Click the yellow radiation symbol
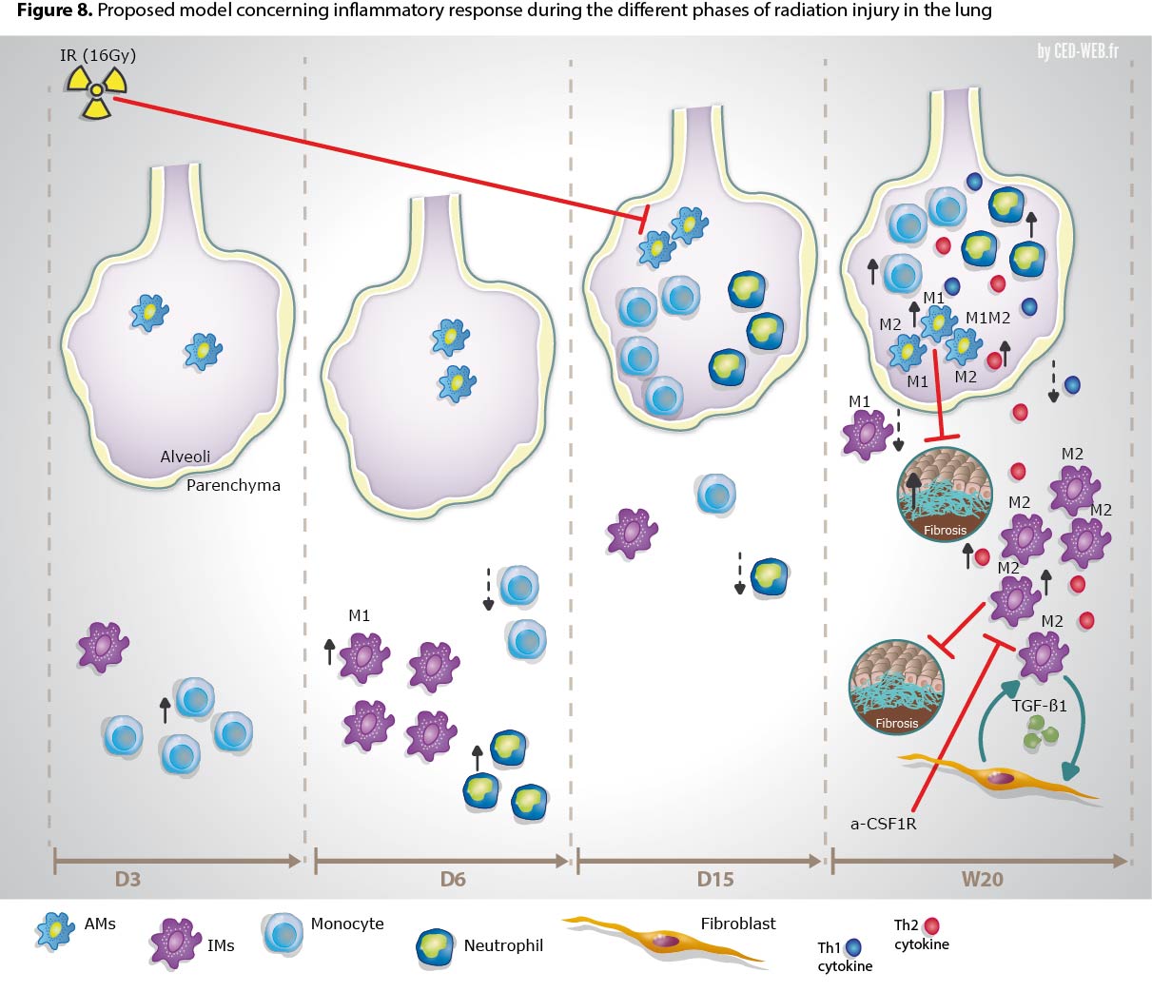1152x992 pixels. pos(95,91)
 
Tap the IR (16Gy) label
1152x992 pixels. pos(98,55)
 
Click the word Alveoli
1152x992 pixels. pos(185,457)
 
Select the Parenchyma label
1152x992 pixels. pos(233,485)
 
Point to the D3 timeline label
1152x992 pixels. pos(127,879)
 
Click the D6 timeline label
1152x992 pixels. pos(453,879)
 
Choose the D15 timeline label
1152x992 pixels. pos(715,879)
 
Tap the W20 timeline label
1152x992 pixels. pos(982,879)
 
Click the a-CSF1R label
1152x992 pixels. pos(883,824)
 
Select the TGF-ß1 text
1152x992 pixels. pos(1040,707)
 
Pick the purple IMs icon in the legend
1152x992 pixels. pos(175,943)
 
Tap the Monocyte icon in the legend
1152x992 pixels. pos(282,932)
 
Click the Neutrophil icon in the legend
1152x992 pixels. pos(437,946)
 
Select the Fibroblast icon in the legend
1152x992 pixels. pos(666,940)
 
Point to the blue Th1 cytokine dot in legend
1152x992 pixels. pos(852,947)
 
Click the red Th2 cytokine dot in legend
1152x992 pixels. pos(931,924)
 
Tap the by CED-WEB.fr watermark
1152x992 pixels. pos(1078,51)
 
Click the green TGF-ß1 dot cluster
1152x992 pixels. pos(1041,732)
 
